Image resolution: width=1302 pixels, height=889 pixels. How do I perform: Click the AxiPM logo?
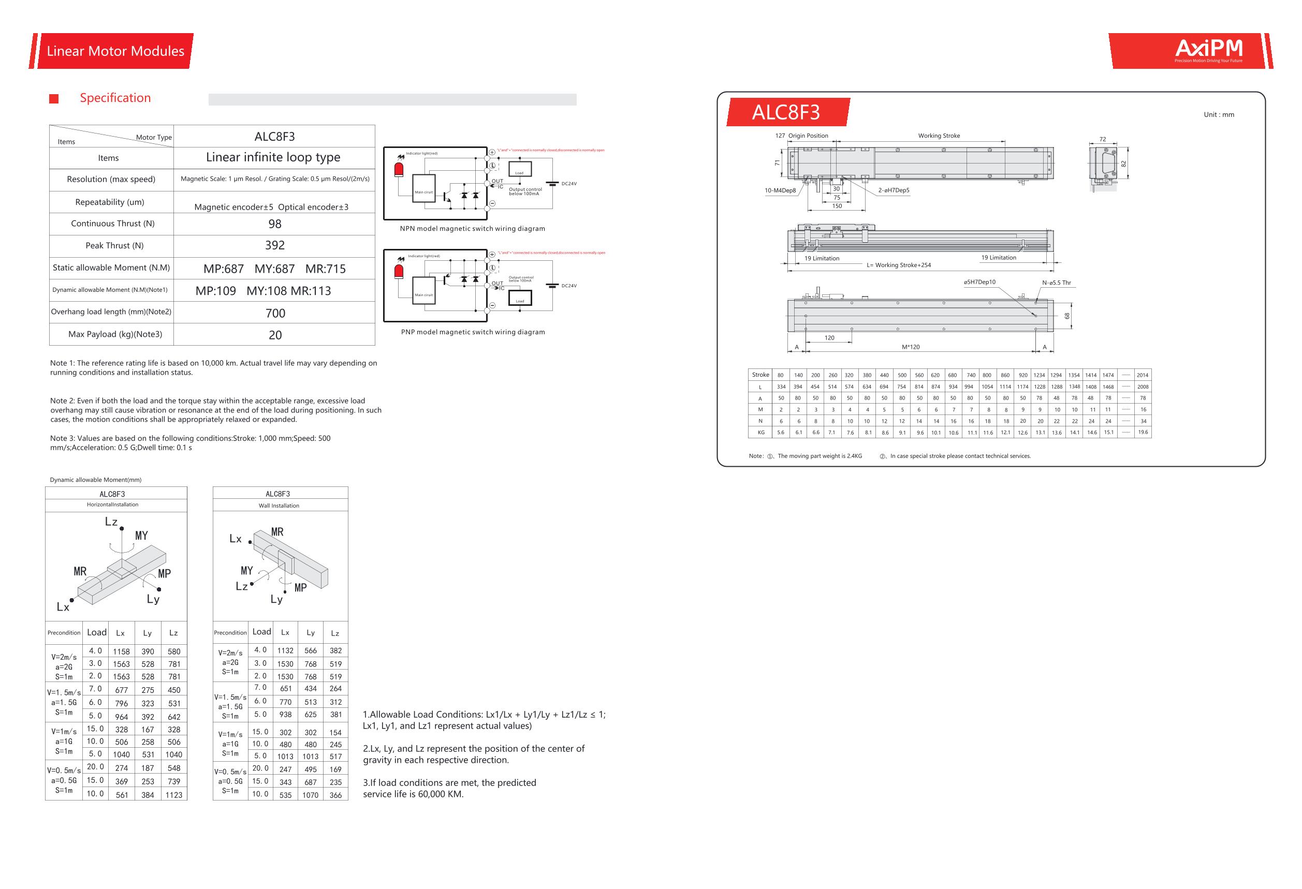(x=1208, y=50)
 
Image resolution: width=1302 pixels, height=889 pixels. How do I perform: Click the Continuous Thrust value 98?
(x=274, y=224)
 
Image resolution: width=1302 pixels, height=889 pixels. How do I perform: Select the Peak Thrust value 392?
(x=274, y=245)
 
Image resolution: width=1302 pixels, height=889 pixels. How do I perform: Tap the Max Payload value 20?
(x=275, y=335)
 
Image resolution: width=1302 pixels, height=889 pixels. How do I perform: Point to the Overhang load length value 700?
(x=275, y=313)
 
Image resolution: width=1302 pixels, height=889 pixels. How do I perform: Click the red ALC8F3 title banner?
(x=785, y=112)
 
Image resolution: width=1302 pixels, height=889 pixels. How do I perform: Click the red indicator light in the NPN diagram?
(x=399, y=170)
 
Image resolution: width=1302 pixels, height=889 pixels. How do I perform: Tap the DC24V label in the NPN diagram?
(x=568, y=184)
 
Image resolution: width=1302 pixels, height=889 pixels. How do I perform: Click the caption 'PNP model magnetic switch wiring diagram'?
(x=473, y=332)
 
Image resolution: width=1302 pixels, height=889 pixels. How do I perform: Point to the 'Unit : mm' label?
(x=1219, y=115)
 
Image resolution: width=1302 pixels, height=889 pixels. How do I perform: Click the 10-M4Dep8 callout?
(x=780, y=190)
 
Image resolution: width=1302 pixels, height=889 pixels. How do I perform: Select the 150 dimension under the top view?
(x=837, y=206)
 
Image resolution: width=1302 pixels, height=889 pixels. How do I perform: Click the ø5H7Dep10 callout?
(x=979, y=282)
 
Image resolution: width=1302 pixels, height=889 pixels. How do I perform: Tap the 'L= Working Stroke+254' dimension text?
(x=899, y=265)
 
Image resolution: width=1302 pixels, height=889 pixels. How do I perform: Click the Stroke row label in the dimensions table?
(x=760, y=375)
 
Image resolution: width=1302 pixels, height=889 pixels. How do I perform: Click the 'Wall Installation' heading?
(x=279, y=506)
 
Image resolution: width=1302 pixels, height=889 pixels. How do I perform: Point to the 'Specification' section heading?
(x=115, y=98)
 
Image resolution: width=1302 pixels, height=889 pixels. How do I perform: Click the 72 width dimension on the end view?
(x=1103, y=139)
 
